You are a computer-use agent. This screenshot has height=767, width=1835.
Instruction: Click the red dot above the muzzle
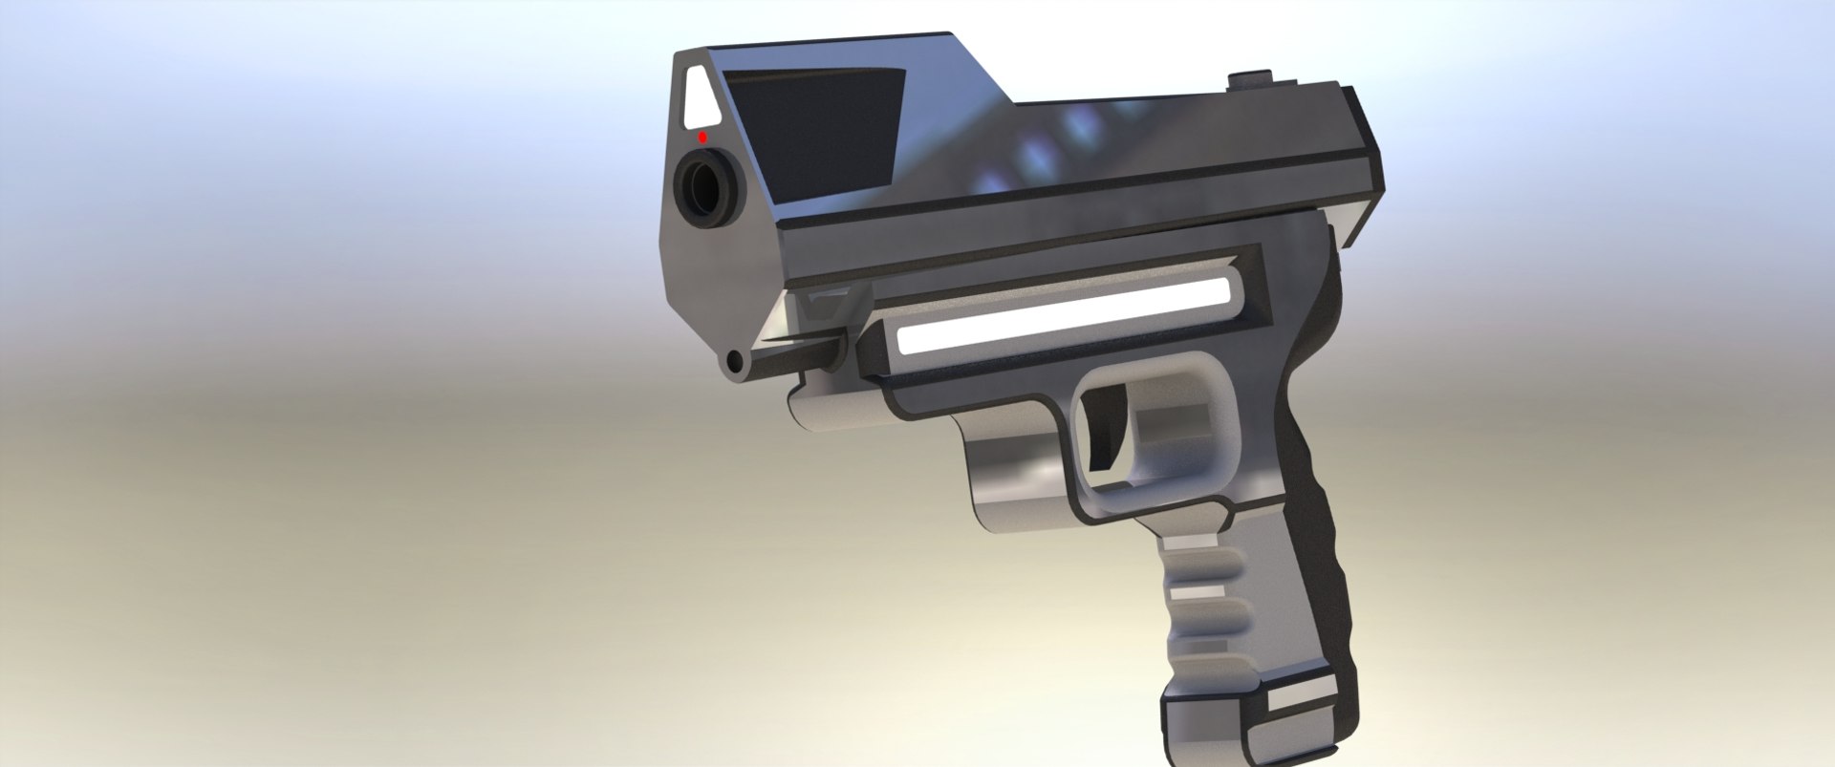point(702,138)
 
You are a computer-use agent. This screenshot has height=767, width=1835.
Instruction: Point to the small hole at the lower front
point(734,362)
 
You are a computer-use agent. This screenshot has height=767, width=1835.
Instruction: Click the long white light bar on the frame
point(1061,311)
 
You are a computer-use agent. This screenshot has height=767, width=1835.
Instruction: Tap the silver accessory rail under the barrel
point(841,406)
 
